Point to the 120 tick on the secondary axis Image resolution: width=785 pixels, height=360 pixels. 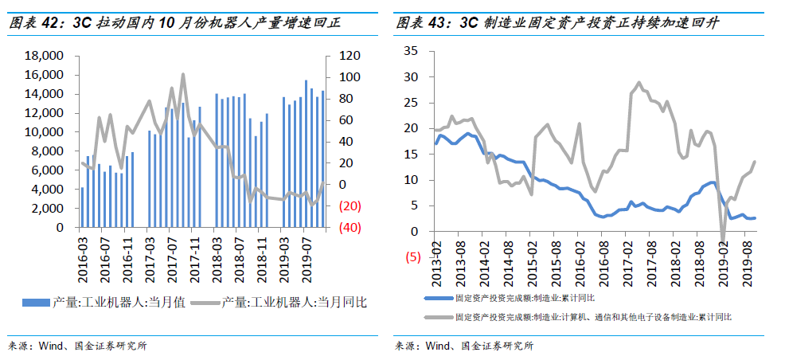click(340, 56)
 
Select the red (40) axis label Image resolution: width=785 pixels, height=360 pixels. click(340, 228)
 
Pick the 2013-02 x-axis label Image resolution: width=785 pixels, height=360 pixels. click(436, 263)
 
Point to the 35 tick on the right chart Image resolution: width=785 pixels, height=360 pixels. click(412, 50)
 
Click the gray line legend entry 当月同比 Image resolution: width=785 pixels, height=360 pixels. click(294, 303)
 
